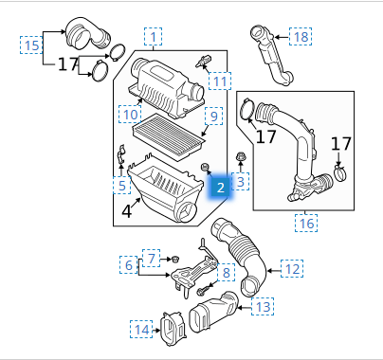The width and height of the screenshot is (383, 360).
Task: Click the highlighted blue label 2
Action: click(x=220, y=188)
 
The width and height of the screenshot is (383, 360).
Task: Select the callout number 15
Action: click(x=31, y=45)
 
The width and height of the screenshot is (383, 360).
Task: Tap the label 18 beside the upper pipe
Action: click(x=301, y=37)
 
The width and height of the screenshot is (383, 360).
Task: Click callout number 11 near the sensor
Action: click(x=220, y=81)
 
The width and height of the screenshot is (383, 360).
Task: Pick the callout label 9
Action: click(x=213, y=116)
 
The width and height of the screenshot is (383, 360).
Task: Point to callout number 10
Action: click(x=130, y=114)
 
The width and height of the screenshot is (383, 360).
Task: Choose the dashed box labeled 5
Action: click(x=122, y=185)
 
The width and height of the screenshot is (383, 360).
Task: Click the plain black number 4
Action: click(x=126, y=211)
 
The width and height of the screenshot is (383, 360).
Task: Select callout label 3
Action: click(x=240, y=182)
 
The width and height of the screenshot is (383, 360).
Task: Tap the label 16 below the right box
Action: click(x=306, y=224)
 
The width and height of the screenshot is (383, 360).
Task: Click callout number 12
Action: click(x=292, y=269)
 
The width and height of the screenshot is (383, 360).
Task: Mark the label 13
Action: click(x=263, y=306)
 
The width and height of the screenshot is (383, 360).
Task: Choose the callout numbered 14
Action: click(x=141, y=329)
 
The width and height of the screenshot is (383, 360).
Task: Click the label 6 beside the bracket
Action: click(x=129, y=264)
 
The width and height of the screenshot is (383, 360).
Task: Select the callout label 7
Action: click(x=151, y=258)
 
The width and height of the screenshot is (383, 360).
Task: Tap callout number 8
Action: click(x=226, y=272)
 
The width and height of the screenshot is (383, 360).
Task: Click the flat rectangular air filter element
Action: click(x=169, y=137)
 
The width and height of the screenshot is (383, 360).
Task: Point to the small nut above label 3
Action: click(x=240, y=157)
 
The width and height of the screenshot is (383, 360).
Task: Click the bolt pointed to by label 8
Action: click(x=201, y=291)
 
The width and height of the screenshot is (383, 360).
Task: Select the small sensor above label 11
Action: click(x=203, y=61)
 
